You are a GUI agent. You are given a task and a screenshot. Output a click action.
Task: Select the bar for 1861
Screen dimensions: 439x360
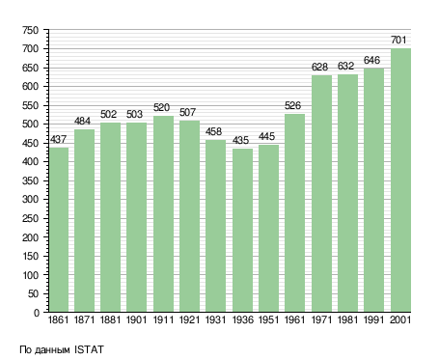click(59, 230)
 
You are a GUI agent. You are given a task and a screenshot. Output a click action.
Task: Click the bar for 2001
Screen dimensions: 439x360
click(400, 180)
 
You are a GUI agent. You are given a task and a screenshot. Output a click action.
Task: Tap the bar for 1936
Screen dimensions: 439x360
click(242, 230)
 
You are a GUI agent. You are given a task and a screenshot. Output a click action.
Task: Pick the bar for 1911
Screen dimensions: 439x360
click(163, 214)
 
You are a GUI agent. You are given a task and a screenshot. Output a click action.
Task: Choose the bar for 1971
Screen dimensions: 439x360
click(321, 194)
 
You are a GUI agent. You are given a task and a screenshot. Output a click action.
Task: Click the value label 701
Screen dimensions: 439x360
click(398, 40)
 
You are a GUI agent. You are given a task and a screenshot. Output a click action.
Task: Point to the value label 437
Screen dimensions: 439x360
click(58, 139)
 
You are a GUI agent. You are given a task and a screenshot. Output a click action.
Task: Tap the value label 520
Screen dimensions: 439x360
click(161, 107)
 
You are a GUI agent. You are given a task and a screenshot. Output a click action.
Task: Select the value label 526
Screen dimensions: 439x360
click(292, 105)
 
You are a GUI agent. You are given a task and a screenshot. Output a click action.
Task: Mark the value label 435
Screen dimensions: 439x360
click(240, 140)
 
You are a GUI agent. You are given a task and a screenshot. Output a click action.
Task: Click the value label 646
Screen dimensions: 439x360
click(371, 60)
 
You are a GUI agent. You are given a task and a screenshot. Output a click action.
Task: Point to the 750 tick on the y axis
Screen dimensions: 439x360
click(30, 30)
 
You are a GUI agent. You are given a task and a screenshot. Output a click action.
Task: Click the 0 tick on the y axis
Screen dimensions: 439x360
click(37, 313)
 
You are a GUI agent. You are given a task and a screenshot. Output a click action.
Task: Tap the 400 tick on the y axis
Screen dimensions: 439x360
click(30, 162)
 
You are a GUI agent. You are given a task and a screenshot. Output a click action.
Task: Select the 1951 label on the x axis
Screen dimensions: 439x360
click(268, 319)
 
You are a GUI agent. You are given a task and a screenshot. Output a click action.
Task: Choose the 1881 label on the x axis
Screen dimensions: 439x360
click(110, 319)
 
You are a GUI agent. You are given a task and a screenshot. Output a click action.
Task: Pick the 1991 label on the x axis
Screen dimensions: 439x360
click(374, 319)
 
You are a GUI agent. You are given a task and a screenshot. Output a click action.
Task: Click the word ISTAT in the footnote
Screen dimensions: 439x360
click(89, 349)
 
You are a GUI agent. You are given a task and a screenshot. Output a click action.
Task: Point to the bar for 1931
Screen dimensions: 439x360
click(215, 226)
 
